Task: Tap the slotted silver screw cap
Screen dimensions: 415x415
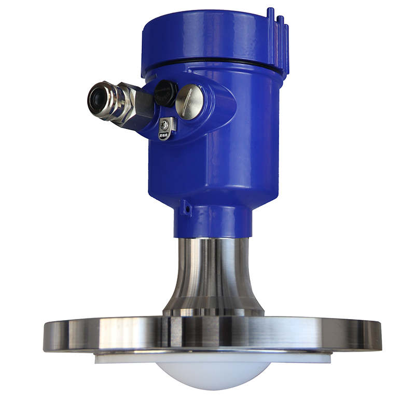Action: click(189, 101)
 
